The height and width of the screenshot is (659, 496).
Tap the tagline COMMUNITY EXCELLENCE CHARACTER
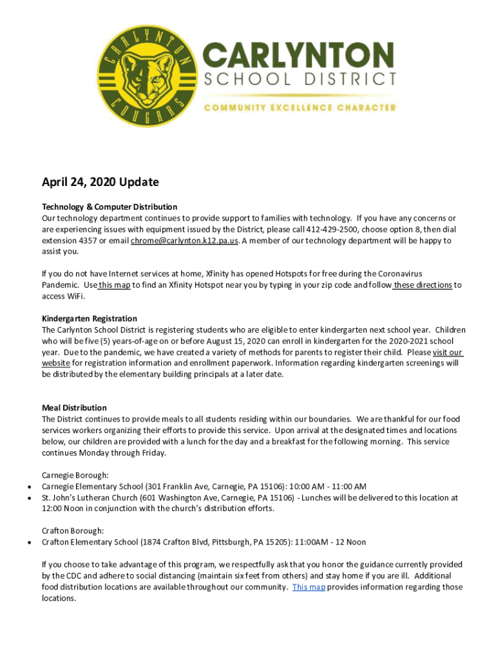click(300, 108)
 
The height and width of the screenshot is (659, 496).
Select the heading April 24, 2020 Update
click(100, 182)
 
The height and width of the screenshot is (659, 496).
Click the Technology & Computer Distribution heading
click(110, 207)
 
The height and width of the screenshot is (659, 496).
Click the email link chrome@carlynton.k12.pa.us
click(185, 241)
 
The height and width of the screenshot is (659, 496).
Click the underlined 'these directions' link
click(422, 285)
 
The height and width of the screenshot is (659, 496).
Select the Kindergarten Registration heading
click(90, 319)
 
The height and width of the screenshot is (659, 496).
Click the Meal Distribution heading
click(75, 408)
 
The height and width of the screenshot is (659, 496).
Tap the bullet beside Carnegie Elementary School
click(30, 487)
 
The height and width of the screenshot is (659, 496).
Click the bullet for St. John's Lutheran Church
click(30, 498)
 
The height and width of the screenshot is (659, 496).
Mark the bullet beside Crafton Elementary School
click(30, 543)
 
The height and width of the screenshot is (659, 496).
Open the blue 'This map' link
click(309, 587)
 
